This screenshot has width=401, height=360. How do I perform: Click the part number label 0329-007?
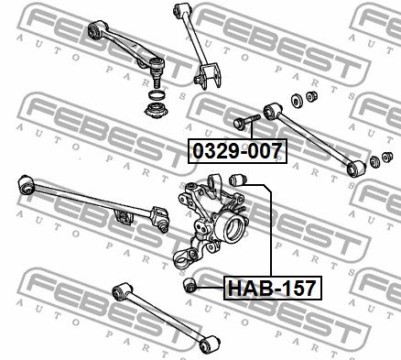237,151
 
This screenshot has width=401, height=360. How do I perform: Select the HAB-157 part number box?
273,288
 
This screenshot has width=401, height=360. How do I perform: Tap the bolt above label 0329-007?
246,122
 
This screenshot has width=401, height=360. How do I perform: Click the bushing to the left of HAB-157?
190,285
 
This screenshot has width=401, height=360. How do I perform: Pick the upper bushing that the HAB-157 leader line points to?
237,180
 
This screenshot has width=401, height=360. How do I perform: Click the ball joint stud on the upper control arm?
157,81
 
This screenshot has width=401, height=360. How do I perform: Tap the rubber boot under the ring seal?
157,111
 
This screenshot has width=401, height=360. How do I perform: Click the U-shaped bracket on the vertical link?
209,76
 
